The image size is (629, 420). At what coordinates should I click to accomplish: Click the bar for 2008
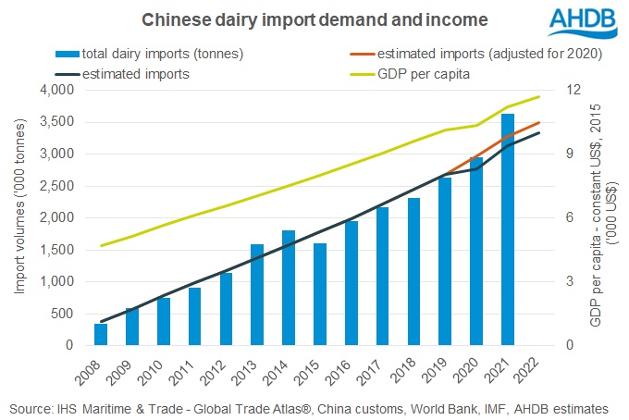coord(101,334)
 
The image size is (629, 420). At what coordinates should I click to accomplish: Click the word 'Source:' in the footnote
coord(32,407)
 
